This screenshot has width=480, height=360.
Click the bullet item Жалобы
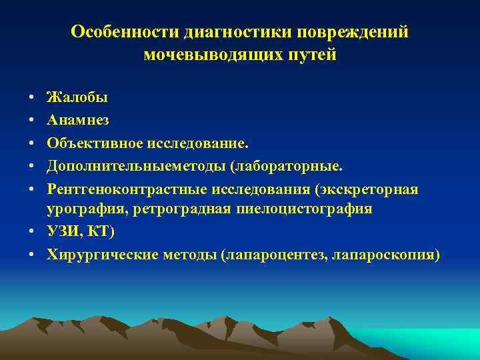coord(77,97)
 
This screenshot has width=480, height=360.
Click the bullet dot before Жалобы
coord(32,98)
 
